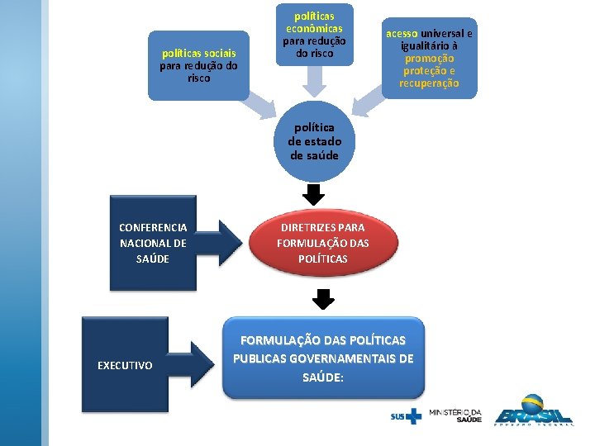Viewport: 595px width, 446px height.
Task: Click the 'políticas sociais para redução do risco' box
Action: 198,66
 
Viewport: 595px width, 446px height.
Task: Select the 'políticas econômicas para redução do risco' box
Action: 314,36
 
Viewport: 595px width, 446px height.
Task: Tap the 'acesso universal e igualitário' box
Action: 430,58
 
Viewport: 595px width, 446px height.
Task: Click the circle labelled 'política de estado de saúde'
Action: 314,141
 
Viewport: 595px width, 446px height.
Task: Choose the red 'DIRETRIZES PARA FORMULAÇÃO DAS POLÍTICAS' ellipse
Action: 323,243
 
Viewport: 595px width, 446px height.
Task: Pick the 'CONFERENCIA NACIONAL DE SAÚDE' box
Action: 153,243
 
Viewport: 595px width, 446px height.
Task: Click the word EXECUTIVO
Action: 125,365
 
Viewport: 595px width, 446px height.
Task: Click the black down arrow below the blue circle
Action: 314,195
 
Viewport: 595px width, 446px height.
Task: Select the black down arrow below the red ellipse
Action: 323,298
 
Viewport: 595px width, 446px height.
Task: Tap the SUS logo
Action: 405,415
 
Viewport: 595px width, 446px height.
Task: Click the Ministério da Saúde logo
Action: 455,415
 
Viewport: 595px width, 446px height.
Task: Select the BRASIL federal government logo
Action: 533,415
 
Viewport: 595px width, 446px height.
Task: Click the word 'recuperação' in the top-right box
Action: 429,83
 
